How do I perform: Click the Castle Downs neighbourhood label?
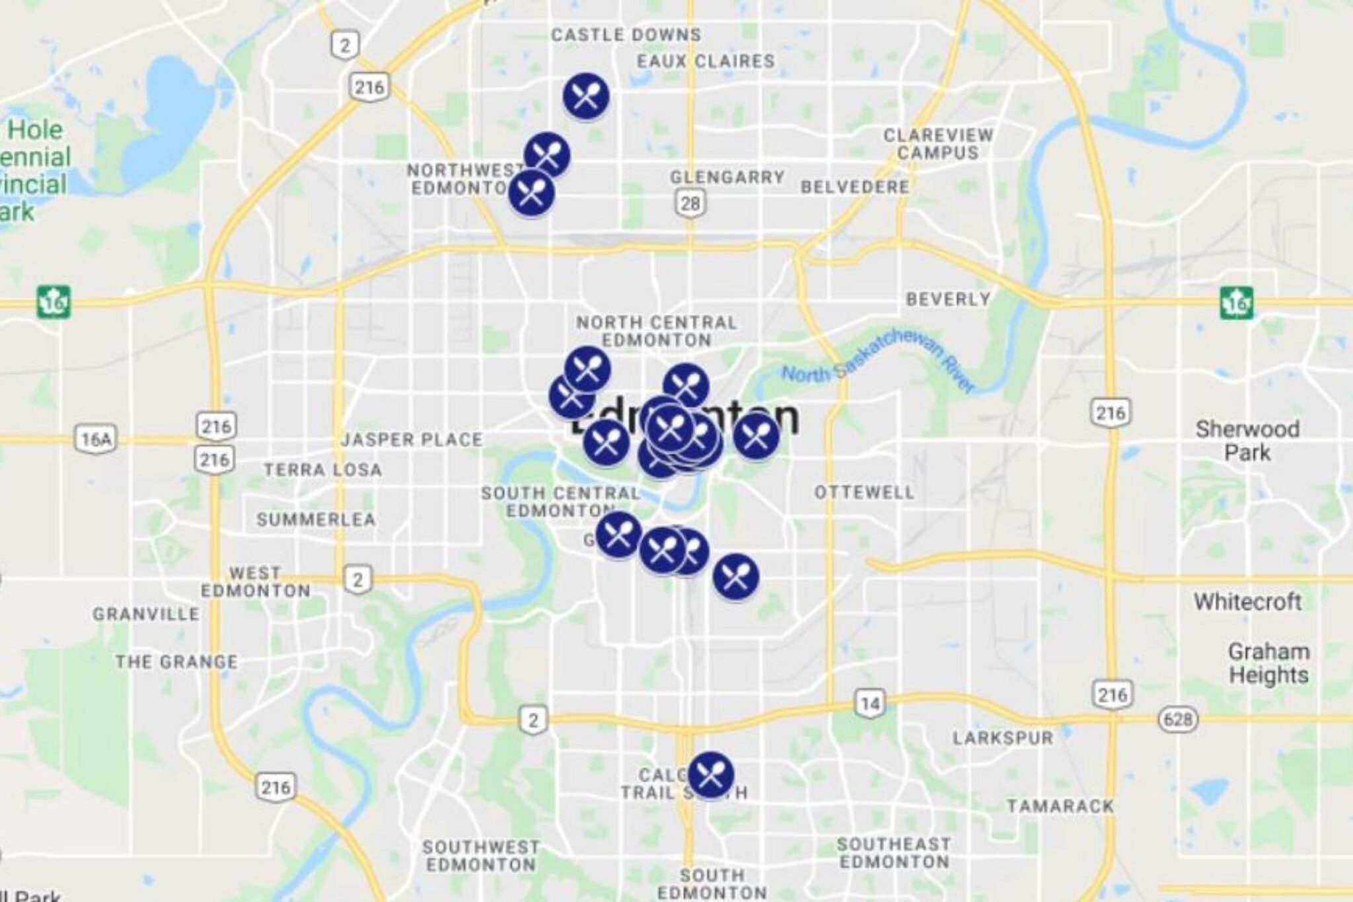626,35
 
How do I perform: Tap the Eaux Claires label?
706,61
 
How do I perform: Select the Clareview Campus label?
938,144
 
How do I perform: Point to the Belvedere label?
855,187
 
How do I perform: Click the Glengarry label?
727,178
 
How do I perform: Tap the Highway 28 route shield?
690,203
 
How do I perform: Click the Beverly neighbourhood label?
948,299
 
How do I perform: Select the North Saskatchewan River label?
879,362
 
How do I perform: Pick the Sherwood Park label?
1247,441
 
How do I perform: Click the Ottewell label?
864,492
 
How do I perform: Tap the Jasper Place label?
412,440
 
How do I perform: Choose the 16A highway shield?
96,439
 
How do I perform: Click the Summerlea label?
316,519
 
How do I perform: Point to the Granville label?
146,615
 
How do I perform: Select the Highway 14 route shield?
870,704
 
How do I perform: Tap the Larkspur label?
1003,738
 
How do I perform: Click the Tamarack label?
1060,806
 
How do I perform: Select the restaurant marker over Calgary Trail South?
711,775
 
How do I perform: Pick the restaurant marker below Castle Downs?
586,96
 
